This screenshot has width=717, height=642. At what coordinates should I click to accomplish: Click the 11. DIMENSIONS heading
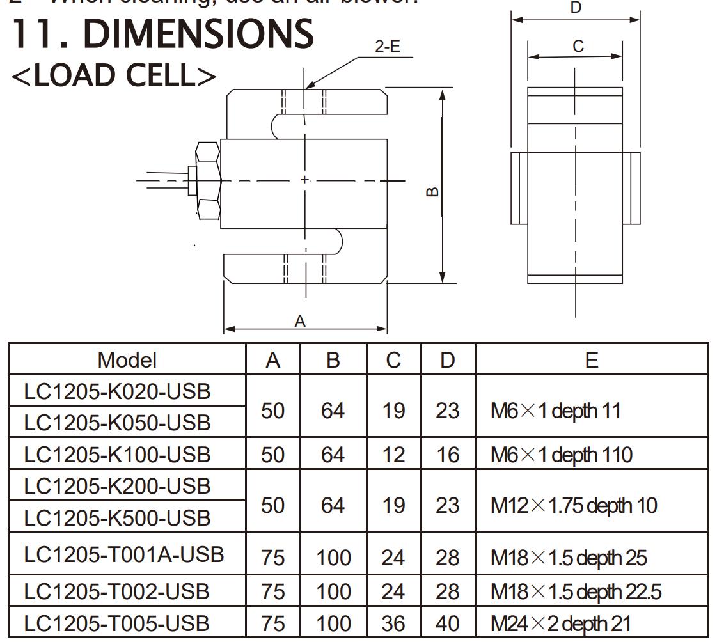click(x=163, y=33)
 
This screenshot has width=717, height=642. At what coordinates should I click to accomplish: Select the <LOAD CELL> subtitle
click(x=114, y=75)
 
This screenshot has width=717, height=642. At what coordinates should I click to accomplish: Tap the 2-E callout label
click(x=388, y=47)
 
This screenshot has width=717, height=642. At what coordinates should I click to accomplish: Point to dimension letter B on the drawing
click(x=432, y=191)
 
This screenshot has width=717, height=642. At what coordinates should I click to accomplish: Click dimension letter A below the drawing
click(x=300, y=322)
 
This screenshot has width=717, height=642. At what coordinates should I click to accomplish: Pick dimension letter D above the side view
click(x=575, y=8)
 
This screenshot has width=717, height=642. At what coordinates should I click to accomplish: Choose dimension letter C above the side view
click(x=578, y=46)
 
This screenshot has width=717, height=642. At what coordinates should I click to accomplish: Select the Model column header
click(x=127, y=359)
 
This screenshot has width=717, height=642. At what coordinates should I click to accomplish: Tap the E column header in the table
click(x=592, y=359)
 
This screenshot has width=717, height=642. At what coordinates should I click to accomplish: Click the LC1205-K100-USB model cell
click(x=117, y=455)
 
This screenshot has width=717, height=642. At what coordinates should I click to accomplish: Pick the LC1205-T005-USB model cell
click(x=117, y=623)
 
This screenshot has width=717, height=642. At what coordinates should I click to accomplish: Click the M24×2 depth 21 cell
click(x=560, y=623)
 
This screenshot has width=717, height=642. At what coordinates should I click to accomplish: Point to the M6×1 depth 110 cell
click(x=561, y=455)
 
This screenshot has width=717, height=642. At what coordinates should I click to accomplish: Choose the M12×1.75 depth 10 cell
click(x=573, y=505)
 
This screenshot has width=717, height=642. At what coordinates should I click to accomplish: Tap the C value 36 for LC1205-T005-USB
click(x=393, y=623)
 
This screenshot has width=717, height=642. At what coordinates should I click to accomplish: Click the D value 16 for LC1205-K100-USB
click(x=448, y=455)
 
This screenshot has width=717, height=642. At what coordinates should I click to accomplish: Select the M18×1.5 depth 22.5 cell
click(x=576, y=591)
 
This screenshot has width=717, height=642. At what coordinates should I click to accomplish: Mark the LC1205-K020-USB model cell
click(x=117, y=391)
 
